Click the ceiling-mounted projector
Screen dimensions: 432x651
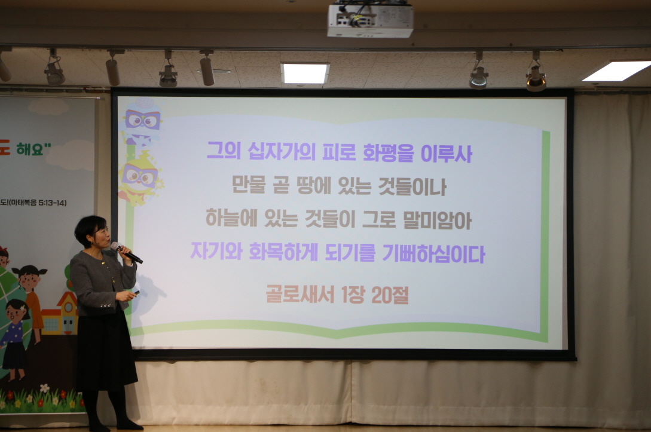pyautogui.click(x=370, y=20)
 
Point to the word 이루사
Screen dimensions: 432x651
pyautogui.click(x=447, y=152)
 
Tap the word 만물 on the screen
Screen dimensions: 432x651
pyautogui.click(x=248, y=185)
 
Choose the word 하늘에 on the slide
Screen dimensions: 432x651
pyautogui.click(x=233, y=219)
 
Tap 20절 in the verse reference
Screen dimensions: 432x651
pyautogui.click(x=390, y=295)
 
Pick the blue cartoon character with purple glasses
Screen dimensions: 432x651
pyautogui.click(x=142, y=122)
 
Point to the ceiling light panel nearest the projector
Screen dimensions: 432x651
pyautogui.click(x=305, y=73)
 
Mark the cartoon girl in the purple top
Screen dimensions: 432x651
pyautogui.click(x=15, y=335)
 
